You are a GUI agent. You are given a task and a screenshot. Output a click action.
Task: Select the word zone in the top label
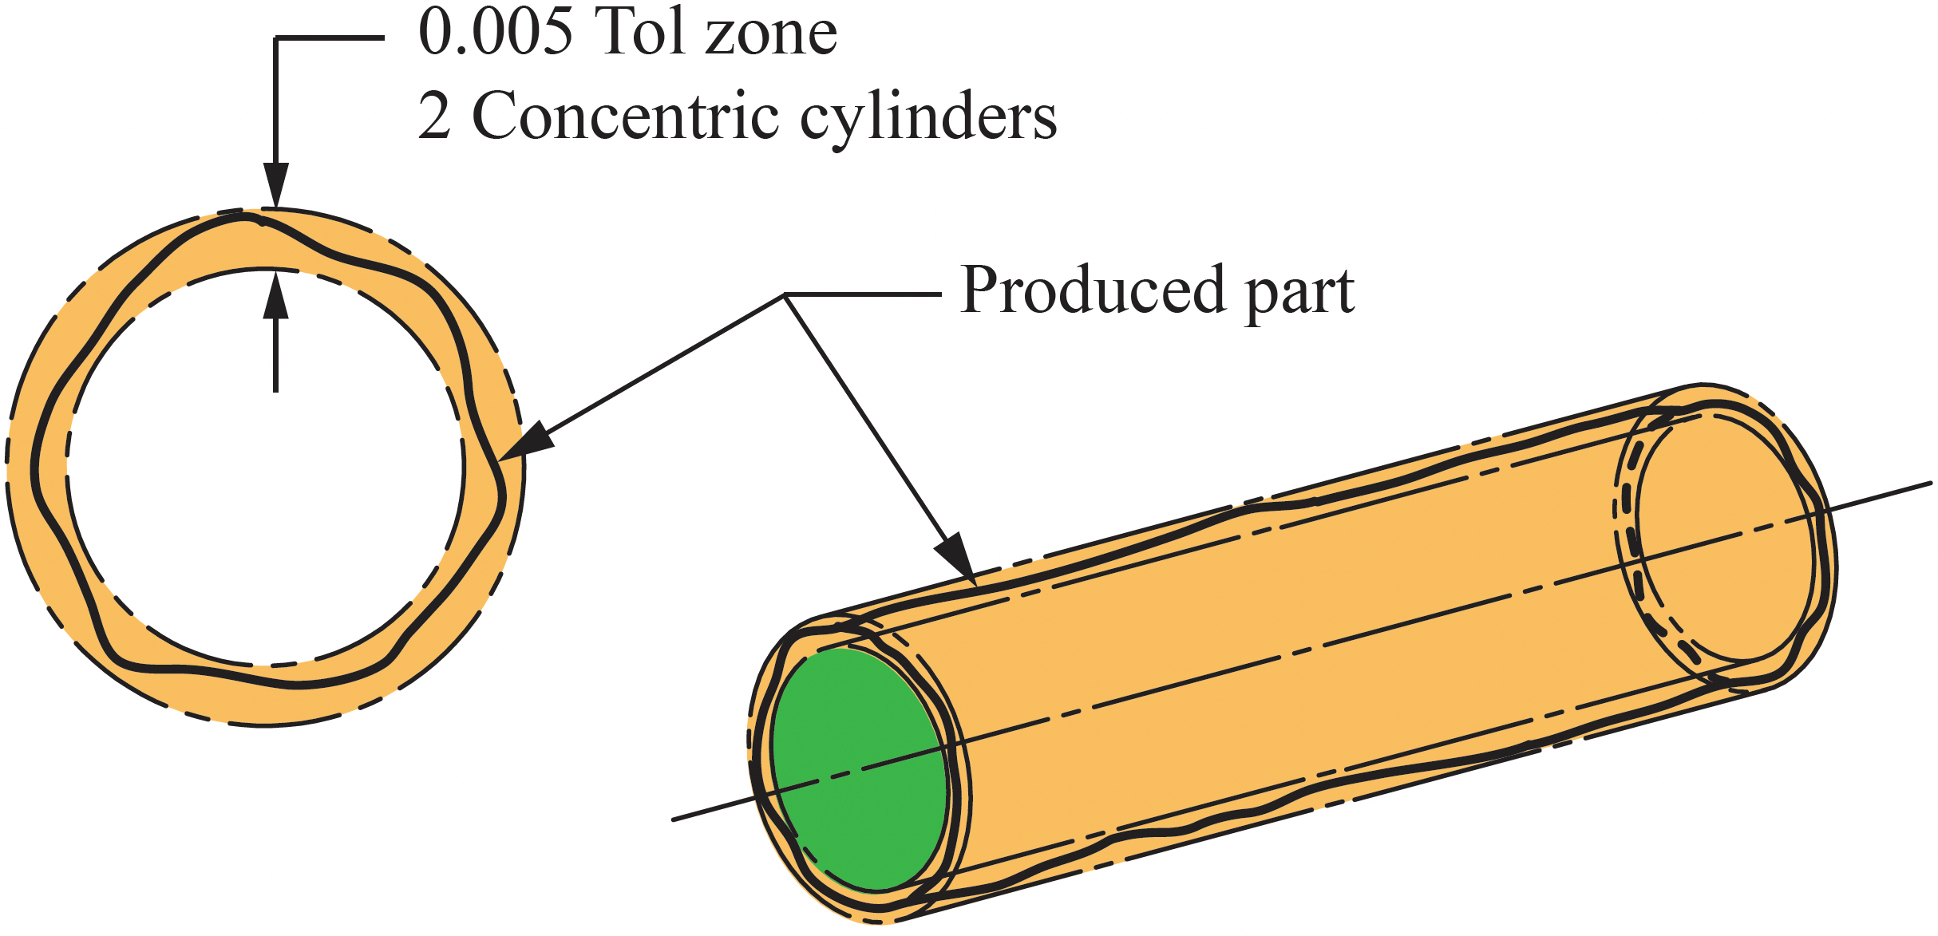coord(771,37)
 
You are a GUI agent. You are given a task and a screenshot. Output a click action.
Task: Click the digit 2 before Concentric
coord(434,117)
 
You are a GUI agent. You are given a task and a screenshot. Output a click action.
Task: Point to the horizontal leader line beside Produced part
coord(862,294)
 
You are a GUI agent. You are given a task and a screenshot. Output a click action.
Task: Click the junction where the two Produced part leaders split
coord(785,295)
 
